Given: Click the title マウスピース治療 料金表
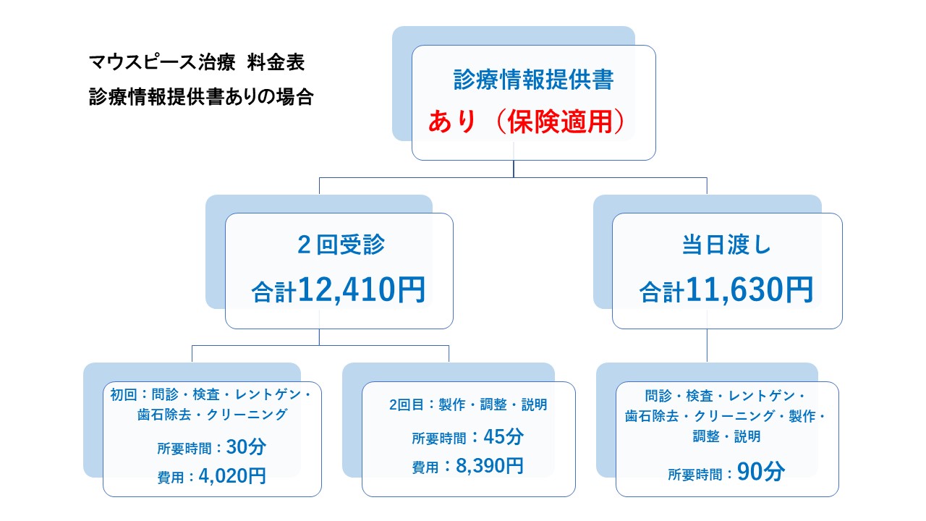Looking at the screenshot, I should click(x=196, y=62).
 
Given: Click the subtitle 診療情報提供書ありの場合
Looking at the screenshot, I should click(x=200, y=97).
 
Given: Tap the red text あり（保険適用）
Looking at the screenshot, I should click(x=526, y=122).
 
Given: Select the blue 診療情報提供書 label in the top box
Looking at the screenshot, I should click(x=533, y=80).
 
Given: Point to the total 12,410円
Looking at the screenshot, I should click(x=360, y=291).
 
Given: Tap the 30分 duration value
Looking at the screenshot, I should click(x=246, y=447).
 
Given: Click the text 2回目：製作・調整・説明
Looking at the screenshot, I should click(x=468, y=405).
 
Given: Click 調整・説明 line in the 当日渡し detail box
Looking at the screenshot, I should click(x=727, y=436).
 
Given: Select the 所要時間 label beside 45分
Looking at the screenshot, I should click(x=438, y=439).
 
